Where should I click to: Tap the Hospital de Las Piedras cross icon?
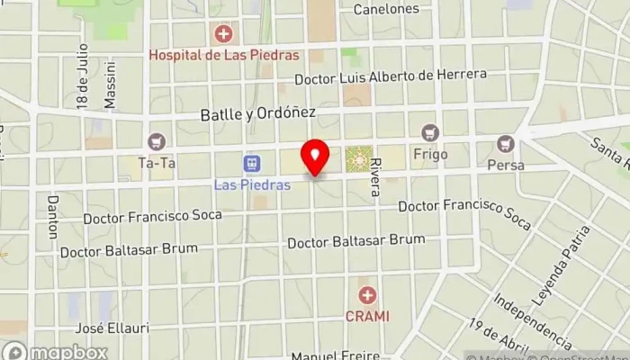pos(222,35)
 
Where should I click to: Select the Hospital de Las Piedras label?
pos(223,55)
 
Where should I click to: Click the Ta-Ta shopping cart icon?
pos(157,141)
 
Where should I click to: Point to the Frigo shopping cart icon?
pos(429,132)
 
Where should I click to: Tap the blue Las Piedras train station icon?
pos(253,164)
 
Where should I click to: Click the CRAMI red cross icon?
pos(366,295)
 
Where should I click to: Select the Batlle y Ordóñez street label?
pos(257,113)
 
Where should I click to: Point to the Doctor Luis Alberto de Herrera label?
pos(397,77)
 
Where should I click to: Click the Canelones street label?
pos(386,9)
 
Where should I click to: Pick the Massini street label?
pos(110,86)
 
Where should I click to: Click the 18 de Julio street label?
pos(82,76)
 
